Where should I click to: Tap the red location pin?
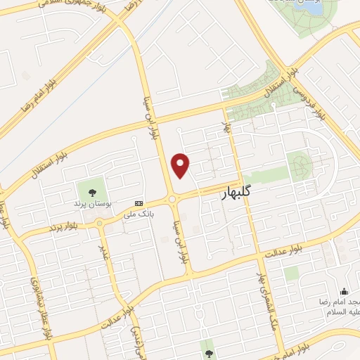click(181, 165)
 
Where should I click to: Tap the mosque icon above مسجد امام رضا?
click(344, 291)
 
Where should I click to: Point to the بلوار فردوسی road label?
click(309, 101)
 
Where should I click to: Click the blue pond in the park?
click(314, 8)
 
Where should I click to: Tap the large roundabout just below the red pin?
click(173, 200)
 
